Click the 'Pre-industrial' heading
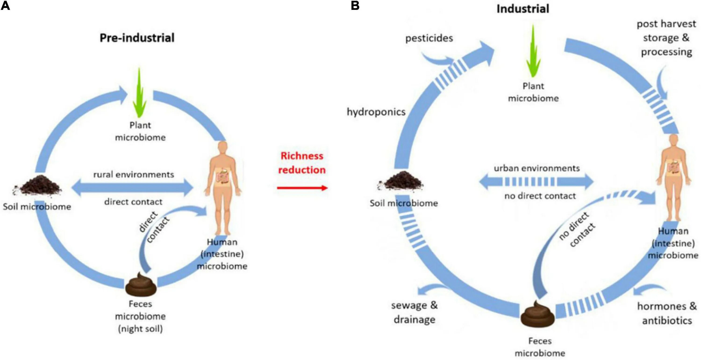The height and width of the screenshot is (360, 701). click(x=137, y=38)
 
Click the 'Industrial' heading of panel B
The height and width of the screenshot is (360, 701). click(x=523, y=9)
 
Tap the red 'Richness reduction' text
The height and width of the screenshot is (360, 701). click(x=302, y=163)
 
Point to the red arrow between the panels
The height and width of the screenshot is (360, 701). click(x=302, y=188)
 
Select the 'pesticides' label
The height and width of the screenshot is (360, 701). click(x=429, y=38)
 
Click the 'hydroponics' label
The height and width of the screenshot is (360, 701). click(x=376, y=112)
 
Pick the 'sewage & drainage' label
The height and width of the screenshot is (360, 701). click(x=415, y=312)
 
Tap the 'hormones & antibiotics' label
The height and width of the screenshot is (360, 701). click(x=667, y=314)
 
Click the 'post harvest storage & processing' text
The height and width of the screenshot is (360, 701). click(x=666, y=38)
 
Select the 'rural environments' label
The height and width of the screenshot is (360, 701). click(x=134, y=175)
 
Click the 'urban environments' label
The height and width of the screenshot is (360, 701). click(x=537, y=168)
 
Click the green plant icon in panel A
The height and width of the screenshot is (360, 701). click(x=139, y=93)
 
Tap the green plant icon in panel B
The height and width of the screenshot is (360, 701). click(x=533, y=51)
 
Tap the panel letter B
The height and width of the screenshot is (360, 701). click(x=355, y=5)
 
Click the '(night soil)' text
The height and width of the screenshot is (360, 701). click(x=140, y=329)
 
